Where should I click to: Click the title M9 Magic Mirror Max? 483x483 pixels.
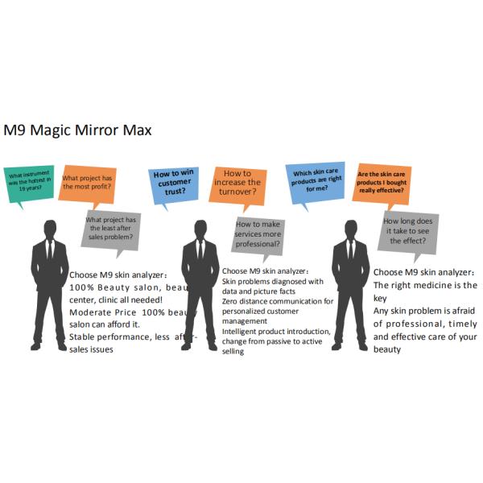77,130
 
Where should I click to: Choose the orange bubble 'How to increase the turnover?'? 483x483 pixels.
237,183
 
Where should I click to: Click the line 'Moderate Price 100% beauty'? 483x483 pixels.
129,312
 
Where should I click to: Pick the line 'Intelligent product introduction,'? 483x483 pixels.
276,331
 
